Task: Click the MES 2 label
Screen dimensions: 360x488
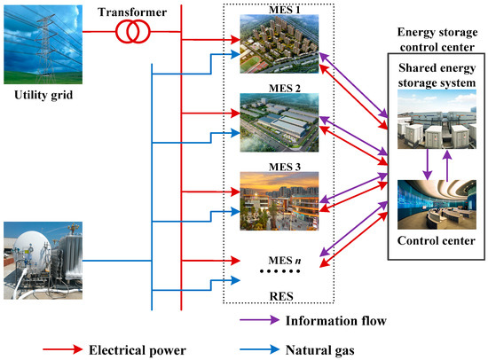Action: [x=281, y=89]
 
